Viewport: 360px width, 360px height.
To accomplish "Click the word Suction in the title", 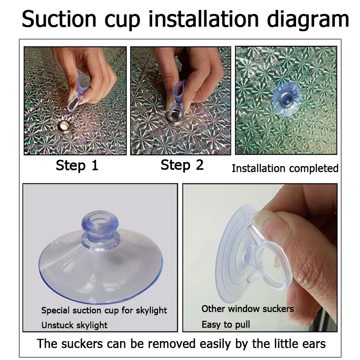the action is pos(59,19).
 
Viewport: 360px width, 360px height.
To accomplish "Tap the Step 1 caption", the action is pos(77,166).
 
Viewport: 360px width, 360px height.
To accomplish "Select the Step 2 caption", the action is pos(182,165).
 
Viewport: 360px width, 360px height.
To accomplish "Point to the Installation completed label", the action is pos(285,168).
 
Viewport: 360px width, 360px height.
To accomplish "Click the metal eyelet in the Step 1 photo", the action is pos(64,126).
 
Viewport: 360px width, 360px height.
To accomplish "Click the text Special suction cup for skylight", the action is pos(104,310).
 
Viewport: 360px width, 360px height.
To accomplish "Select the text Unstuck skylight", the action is pos(74,325).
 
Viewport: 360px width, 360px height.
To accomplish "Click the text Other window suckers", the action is pos(247,309).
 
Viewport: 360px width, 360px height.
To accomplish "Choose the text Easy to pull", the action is pos(226,324).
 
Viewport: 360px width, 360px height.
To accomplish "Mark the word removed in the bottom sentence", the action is pos(171,344).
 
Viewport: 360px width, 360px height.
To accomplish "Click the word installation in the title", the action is pos(204,19).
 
